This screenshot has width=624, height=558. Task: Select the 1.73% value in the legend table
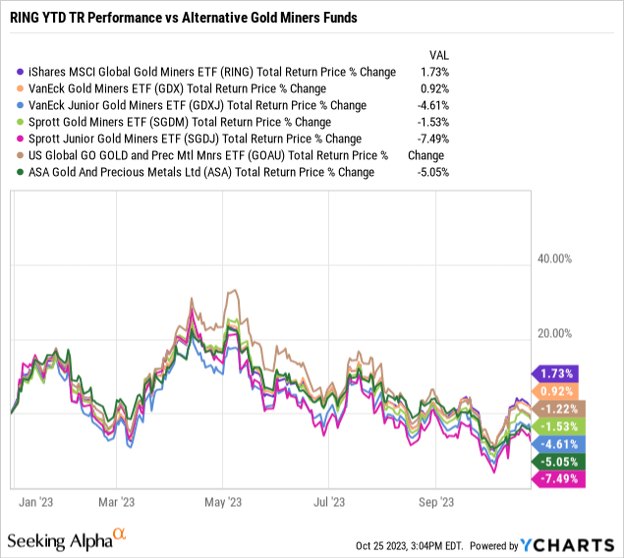(x=434, y=72)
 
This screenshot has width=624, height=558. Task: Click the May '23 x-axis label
(x=221, y=501)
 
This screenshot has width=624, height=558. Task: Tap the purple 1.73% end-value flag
(x=556, y=373)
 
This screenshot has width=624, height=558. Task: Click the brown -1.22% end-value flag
(x=556, y=408)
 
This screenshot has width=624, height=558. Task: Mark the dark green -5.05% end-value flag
(x=556, y=461)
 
